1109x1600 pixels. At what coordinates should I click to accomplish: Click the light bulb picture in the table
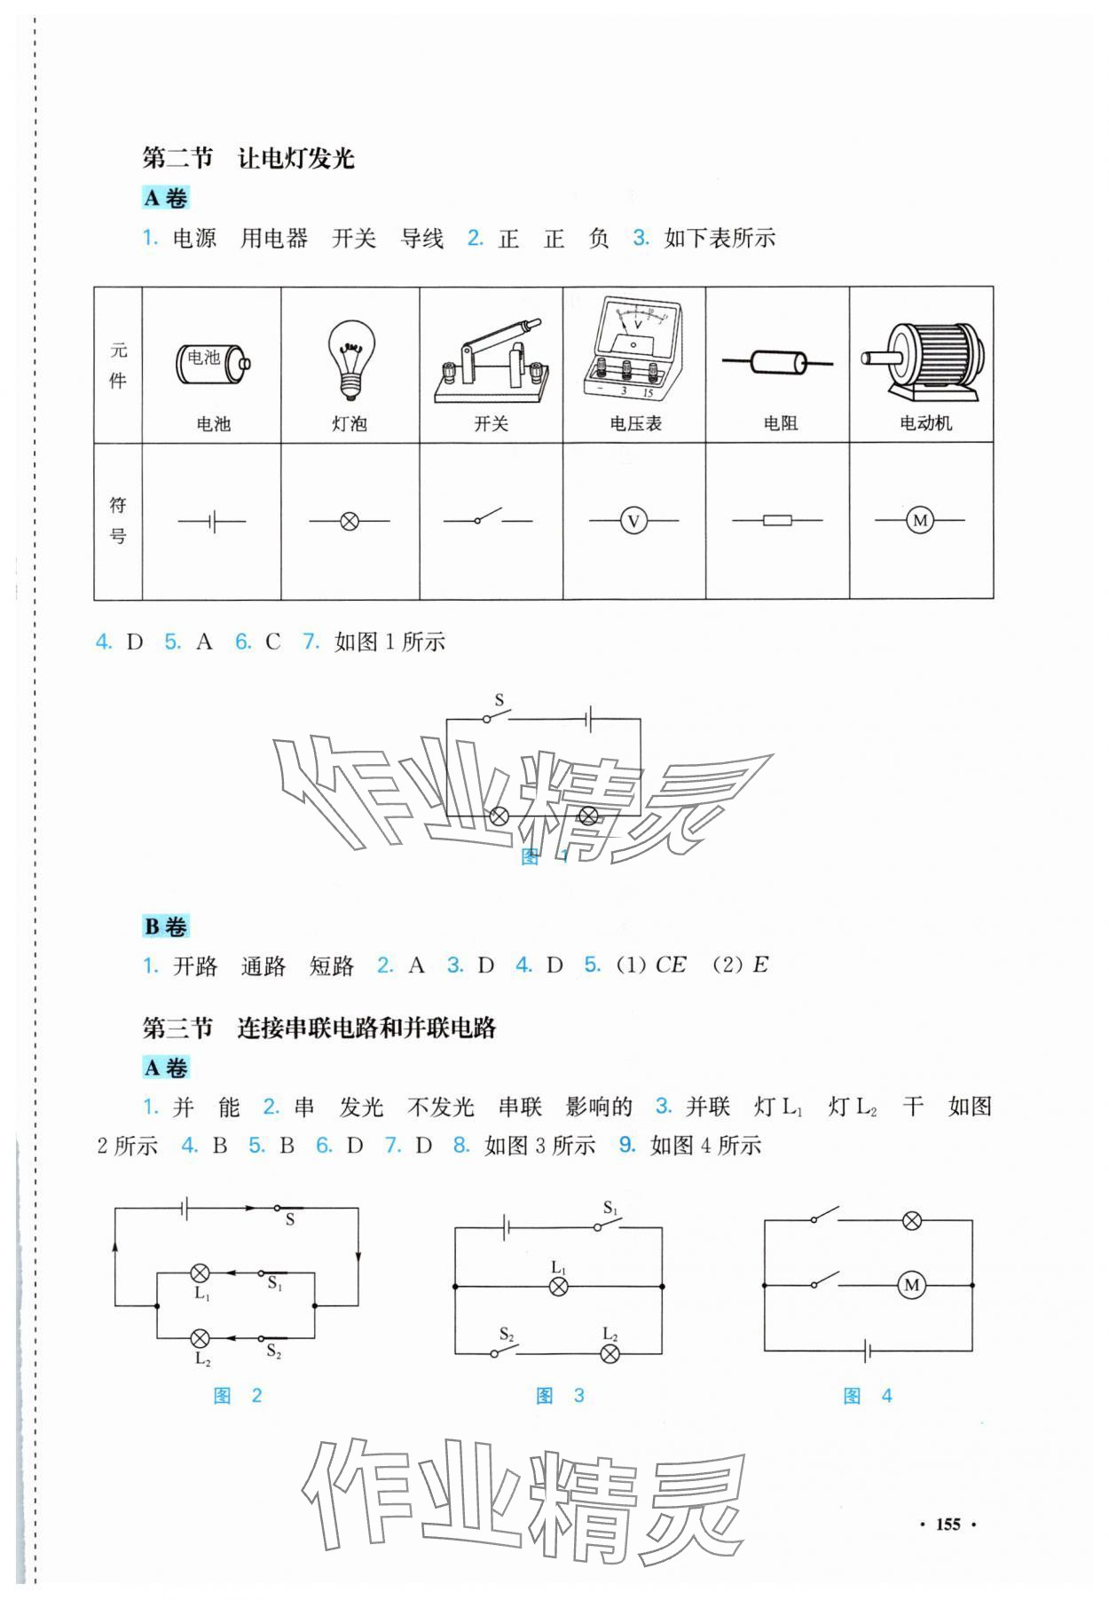click(350, 359)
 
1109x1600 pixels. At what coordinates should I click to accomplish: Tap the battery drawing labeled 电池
click(213, 362)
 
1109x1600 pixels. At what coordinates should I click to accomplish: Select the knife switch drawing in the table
click(491, 364)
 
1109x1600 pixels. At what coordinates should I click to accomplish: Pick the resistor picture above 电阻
click(778, 361)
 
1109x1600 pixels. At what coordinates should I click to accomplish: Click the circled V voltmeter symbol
click(633, 521)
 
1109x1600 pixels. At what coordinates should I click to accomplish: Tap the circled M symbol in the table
click(920, 521)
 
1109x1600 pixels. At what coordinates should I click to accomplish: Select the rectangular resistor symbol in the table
click(777, 521)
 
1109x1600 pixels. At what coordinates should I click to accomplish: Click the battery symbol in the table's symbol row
click(212, 522)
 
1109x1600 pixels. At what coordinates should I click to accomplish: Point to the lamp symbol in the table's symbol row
click(350, 522)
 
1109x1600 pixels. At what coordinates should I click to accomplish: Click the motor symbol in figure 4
click(911, 1285)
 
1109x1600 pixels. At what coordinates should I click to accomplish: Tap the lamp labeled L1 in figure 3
click(558, 1286)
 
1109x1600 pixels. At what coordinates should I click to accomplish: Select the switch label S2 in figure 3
click(507, 1334)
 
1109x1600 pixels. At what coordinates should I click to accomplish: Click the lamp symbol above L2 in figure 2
click(201, 1338)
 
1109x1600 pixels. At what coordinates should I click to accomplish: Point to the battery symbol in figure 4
click(869, 1352)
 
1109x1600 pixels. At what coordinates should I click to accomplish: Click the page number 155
click(948, 1524)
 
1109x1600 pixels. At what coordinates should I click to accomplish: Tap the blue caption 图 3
click(560, 1396)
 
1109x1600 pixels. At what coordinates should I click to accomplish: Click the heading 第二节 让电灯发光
click(248, 158)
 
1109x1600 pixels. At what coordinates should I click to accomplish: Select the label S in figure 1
click(499, 700)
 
